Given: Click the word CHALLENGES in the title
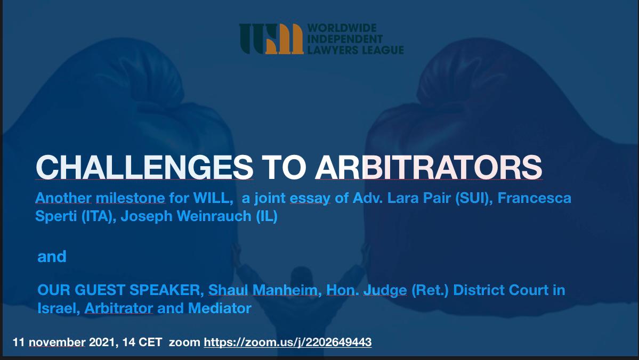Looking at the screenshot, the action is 144,167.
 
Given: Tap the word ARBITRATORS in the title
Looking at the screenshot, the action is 428,167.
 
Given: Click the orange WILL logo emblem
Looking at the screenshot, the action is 271,39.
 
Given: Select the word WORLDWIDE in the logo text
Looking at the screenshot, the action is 342,28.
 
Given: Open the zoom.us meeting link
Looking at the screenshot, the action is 288,342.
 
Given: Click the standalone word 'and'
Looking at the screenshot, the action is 52,257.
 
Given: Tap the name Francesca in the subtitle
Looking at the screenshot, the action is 534,198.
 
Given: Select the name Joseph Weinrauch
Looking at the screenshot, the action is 186,216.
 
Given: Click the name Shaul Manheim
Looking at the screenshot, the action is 263,290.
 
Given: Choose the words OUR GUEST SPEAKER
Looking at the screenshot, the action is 120,290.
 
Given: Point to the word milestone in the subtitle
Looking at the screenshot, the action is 131,198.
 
